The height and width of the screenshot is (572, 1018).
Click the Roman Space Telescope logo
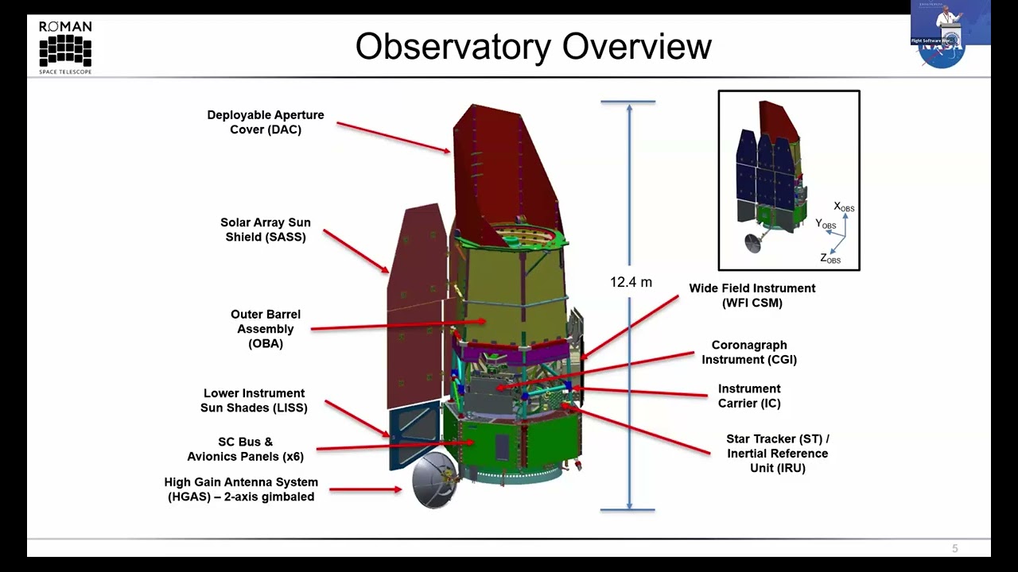(x=65, y=48)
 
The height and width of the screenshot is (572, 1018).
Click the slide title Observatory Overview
(x=533, y=46)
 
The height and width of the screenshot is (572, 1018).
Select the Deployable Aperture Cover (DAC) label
(x=266, y=122)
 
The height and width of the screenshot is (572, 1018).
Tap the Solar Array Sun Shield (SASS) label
(x=266, y=230)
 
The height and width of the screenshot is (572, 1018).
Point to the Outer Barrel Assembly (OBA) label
(x=266, y=329)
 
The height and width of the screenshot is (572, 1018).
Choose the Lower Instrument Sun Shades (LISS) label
(x=254, y=400)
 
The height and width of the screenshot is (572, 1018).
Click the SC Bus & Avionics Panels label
(x=245, y=449)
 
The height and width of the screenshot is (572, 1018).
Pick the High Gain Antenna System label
(x=240, y=489)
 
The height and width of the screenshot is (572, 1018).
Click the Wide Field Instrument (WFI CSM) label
(x=752, y=296)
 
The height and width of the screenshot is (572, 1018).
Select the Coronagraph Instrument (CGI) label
(x=748, y=352)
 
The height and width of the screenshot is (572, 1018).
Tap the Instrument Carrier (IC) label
(x=749, y=396)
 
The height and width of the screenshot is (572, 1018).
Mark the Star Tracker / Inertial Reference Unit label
(x=777, y=454)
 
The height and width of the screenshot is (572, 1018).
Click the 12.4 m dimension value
(x=631, y=282)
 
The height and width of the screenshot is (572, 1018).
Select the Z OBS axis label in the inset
(x=830, y=258)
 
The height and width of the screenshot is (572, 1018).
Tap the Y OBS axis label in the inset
(x=825, y=225)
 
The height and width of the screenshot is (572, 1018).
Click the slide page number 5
(x=955, y=548)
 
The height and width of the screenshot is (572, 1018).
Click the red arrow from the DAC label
(x=393, y=137)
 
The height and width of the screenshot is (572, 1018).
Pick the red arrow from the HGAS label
(x=365, y=489)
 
